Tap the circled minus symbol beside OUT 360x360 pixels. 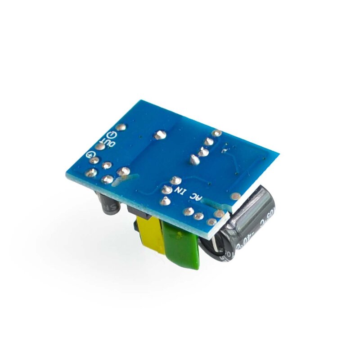[112, 134]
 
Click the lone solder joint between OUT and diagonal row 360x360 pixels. [158, 135]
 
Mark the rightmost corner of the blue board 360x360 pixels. [279, 156]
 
